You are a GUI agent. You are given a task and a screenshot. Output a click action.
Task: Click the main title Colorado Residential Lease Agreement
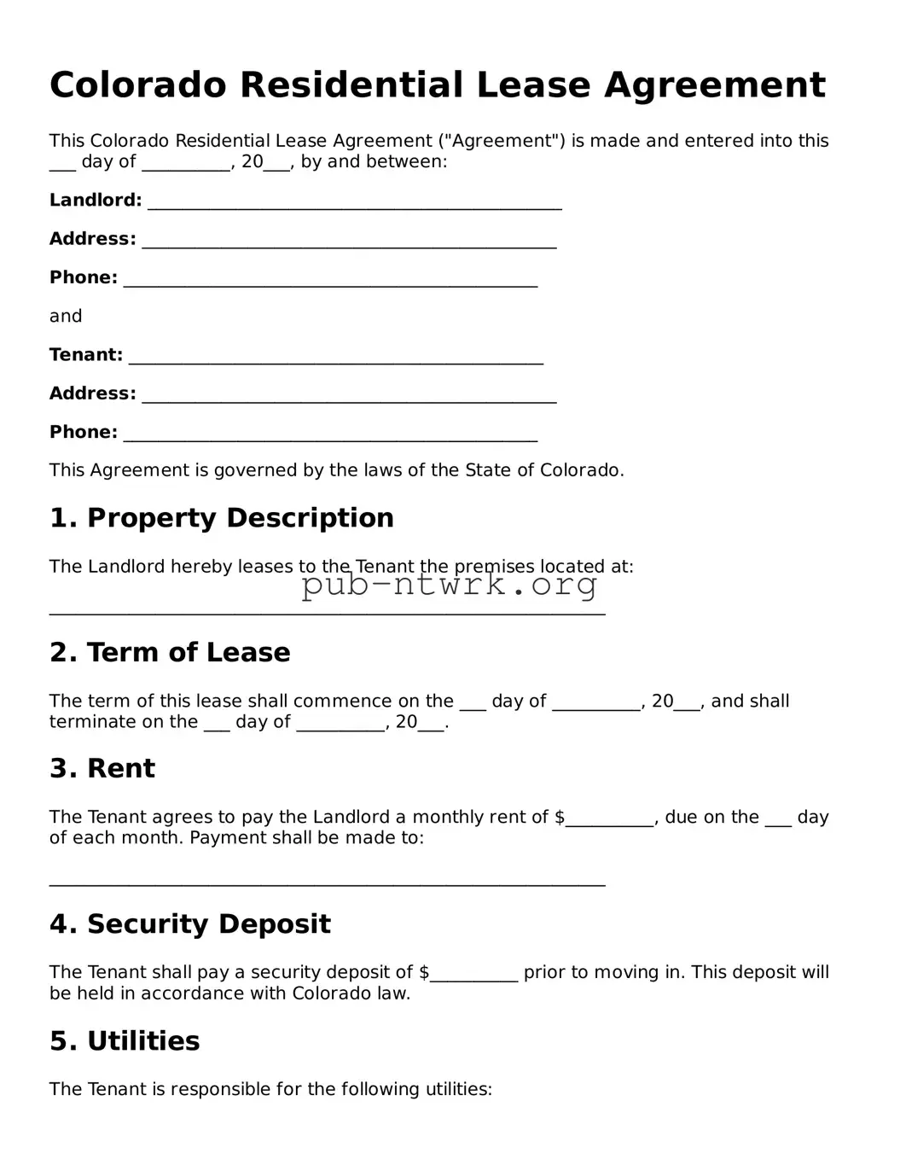click(x=437, y=85)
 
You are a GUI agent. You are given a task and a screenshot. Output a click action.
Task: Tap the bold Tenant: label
click(x=85, y=355)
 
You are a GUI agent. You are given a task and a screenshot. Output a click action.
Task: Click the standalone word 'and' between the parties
click(x=66, y=317)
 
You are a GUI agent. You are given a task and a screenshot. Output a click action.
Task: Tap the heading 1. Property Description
click(x=222, y=518)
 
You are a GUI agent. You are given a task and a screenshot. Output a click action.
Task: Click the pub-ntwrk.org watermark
click(x=450, y=585)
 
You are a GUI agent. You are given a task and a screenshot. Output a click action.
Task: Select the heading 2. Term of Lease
click(x=170, y=653)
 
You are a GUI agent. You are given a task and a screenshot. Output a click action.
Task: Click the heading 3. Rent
click(x=102, y=769)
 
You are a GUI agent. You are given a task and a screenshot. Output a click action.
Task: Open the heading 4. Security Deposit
click(x=190, y=924)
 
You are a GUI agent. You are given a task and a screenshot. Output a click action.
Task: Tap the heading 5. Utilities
click(x=125, y=1041)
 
